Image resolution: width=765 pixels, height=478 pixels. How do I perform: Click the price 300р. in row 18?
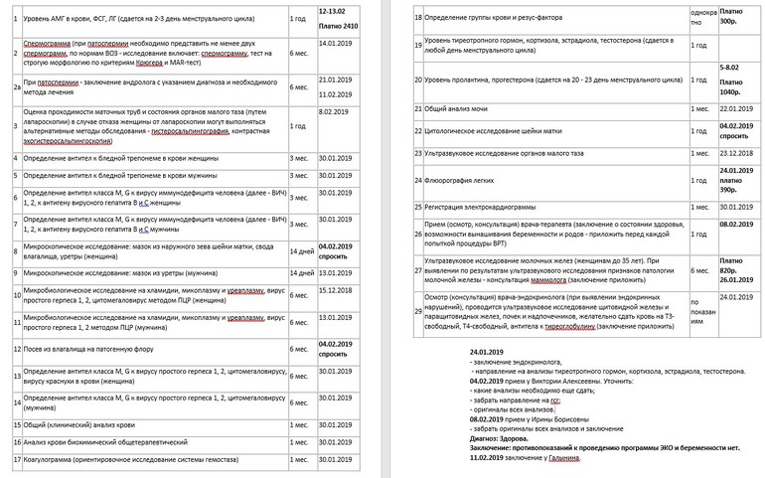point(730,20)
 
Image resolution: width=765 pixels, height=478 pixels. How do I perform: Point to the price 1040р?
point(730,88)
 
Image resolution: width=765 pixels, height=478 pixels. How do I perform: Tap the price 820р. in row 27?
point(730,269)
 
